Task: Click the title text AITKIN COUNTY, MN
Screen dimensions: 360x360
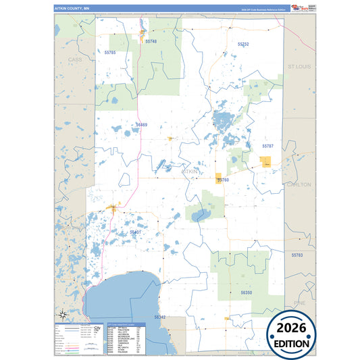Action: pyautogui.click(x=72, y=8)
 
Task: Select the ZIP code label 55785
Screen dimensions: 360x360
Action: pyautogui.click(x=110, y=52)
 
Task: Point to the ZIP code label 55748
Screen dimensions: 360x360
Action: pyautogui.click(x=151, y=41)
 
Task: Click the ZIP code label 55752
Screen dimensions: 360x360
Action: pyautogui.click(x=243, y=44)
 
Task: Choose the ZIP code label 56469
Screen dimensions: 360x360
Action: pyautogui.click(x=141, y=125)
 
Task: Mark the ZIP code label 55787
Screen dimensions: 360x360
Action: pyautogui.click(x=268, y=146)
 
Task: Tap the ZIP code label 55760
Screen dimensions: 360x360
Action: pyautogui.click(x=224, y=180)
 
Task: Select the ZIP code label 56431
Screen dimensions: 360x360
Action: pyautogui.click(x=136, y=232)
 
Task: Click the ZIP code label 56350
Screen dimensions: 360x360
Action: pyautogui.click(x=246, y=292)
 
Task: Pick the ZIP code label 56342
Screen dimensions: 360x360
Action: pyautogui.click(x=159, y=316)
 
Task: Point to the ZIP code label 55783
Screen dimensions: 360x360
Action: pyautogui.click(x=298, y=255)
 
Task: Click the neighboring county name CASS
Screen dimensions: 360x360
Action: pyautogui.click(x=74, y=60)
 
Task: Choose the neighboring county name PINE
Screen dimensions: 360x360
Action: pyautogui.click(x=299, y=303)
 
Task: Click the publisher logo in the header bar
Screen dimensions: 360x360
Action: pyautogui.click(x=299, y=7)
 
